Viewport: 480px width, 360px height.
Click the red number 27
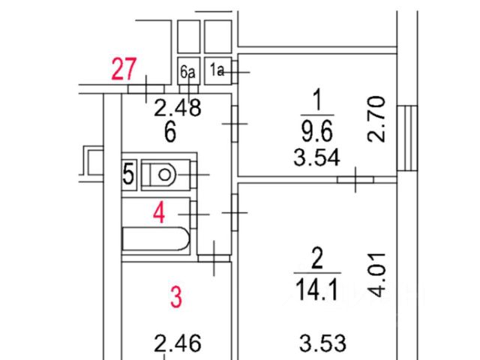coord(124,70)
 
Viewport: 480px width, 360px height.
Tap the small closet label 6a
coord(187,72)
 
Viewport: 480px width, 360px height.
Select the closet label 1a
coord(217,71)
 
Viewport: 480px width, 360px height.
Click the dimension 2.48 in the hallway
coord(177,109)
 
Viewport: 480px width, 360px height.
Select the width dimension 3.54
coord(318,158)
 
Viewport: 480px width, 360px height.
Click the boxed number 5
coord(128,175)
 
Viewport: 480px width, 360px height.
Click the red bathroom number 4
coord(158,213)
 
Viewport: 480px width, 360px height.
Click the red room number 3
coord(175,297)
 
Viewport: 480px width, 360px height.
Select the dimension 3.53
coord(322,344)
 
